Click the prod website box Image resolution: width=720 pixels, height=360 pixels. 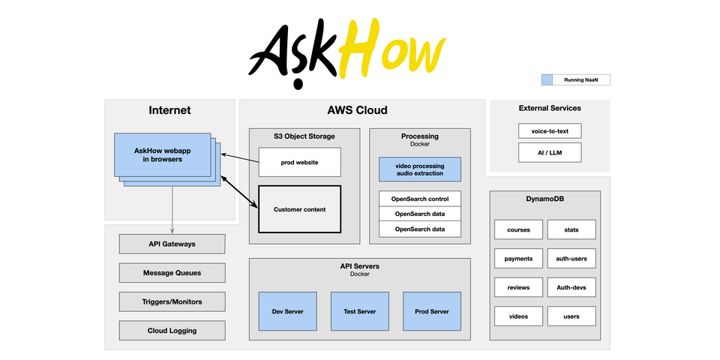coord(299,162)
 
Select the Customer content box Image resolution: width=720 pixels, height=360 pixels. coord(299,209)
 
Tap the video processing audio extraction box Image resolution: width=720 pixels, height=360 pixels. coord(419,169)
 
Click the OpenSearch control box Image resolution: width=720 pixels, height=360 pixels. coord(419,199)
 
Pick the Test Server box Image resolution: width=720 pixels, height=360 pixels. coord(360,311)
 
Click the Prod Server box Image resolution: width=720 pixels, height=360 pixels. coord(432,311)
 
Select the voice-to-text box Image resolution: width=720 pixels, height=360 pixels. coord(549,131)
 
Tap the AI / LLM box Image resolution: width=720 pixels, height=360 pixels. coord(549,153)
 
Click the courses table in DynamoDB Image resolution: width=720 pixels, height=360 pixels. coord(518,230)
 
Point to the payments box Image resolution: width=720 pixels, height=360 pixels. coord(518,259)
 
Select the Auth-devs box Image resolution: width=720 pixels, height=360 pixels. coord(571,287)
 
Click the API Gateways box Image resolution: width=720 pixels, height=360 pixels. coord(172,244)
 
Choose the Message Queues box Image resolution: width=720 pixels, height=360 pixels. coord(172,273)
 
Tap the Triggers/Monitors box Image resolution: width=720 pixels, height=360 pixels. coord(172,301)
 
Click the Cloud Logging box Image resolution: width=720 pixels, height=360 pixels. coord(172,331)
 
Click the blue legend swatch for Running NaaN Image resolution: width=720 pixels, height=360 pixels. coord(547,79)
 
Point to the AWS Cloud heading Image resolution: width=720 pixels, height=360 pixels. coord(357,110)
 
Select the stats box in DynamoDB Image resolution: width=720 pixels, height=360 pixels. coord(571,230)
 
